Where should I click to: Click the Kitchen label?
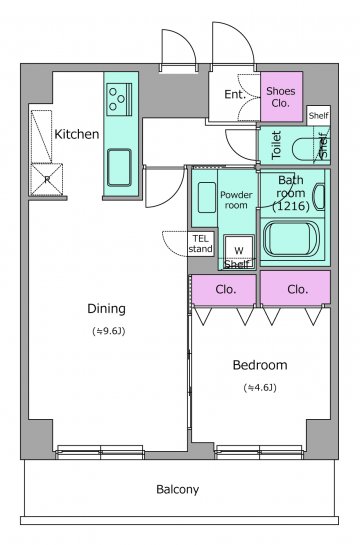point(77,134)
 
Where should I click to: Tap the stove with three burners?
point(119,99)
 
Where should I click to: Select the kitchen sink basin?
point(119,168)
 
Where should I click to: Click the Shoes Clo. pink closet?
point(281,97)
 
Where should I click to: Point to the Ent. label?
point(235,94)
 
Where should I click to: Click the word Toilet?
point(276,145)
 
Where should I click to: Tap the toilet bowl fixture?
point(307,149)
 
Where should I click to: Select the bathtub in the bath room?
point(291,240)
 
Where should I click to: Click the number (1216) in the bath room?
point(291,206)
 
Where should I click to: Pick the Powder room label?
point(236,200)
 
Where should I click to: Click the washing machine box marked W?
point(239,250)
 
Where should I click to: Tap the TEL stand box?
point(201,244)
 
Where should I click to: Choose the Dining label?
point(106,309)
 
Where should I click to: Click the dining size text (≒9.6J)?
point(109,331)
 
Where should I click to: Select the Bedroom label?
point(260,365)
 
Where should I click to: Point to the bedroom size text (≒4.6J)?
point(260,388)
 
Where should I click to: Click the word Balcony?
point(178,490)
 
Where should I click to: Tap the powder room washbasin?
point(206,197)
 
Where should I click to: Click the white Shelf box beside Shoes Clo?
point(319,115)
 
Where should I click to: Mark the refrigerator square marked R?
point(47,179)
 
